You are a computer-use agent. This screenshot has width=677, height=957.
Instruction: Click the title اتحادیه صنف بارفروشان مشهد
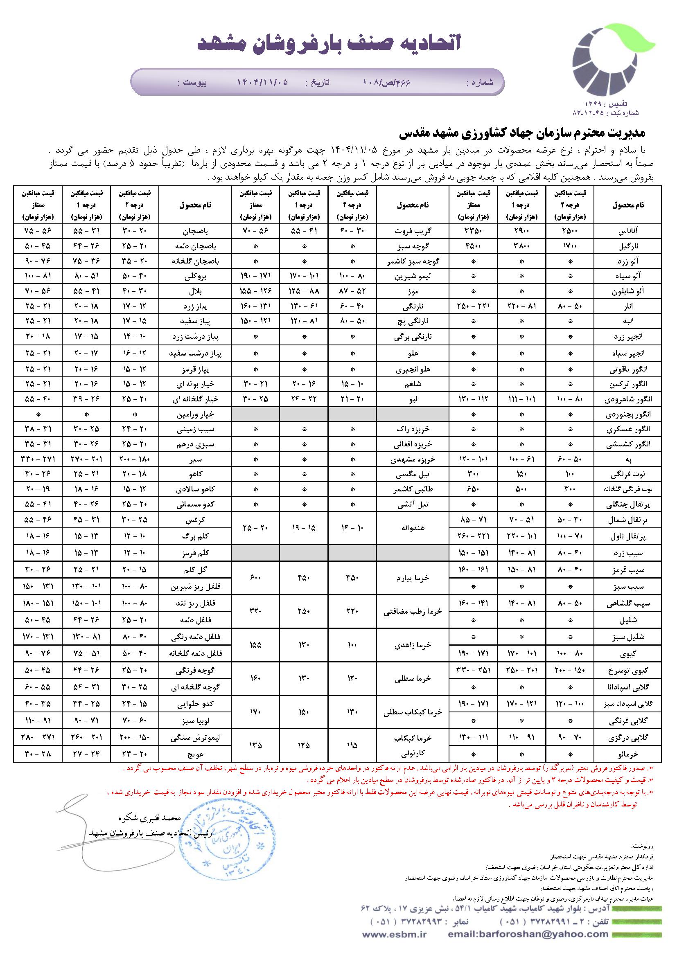(x=329, y=43)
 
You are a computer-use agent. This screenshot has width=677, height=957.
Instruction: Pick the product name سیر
(x=195, y=459)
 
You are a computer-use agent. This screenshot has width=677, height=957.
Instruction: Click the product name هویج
(x=195, y=754)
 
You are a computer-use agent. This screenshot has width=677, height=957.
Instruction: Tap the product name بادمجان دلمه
(x=195, y=246)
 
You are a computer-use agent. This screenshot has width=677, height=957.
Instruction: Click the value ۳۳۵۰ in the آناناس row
(x=474, y=230)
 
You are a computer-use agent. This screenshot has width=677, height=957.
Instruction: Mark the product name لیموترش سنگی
(x=195, y=737)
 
